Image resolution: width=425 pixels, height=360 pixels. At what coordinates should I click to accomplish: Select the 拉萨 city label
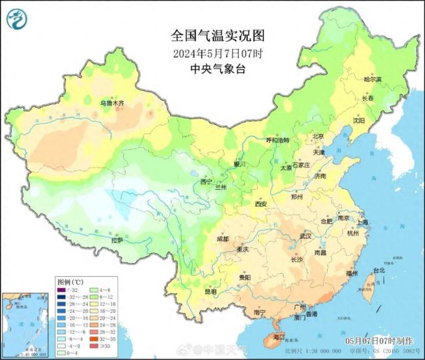[117, 240]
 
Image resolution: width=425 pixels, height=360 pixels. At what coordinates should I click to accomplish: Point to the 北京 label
[318, 137]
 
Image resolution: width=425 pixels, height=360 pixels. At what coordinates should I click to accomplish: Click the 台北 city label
[379, 270]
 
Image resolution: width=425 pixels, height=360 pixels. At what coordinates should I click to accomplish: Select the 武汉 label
[305, 236]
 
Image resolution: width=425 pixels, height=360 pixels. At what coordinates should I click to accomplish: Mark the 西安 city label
[260, 204]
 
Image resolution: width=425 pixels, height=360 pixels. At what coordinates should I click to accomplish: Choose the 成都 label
[222, 239]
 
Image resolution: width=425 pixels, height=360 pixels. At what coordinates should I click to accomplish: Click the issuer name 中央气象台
[212, 68]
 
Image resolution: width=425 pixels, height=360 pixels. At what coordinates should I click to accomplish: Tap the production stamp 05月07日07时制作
[379, 341]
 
